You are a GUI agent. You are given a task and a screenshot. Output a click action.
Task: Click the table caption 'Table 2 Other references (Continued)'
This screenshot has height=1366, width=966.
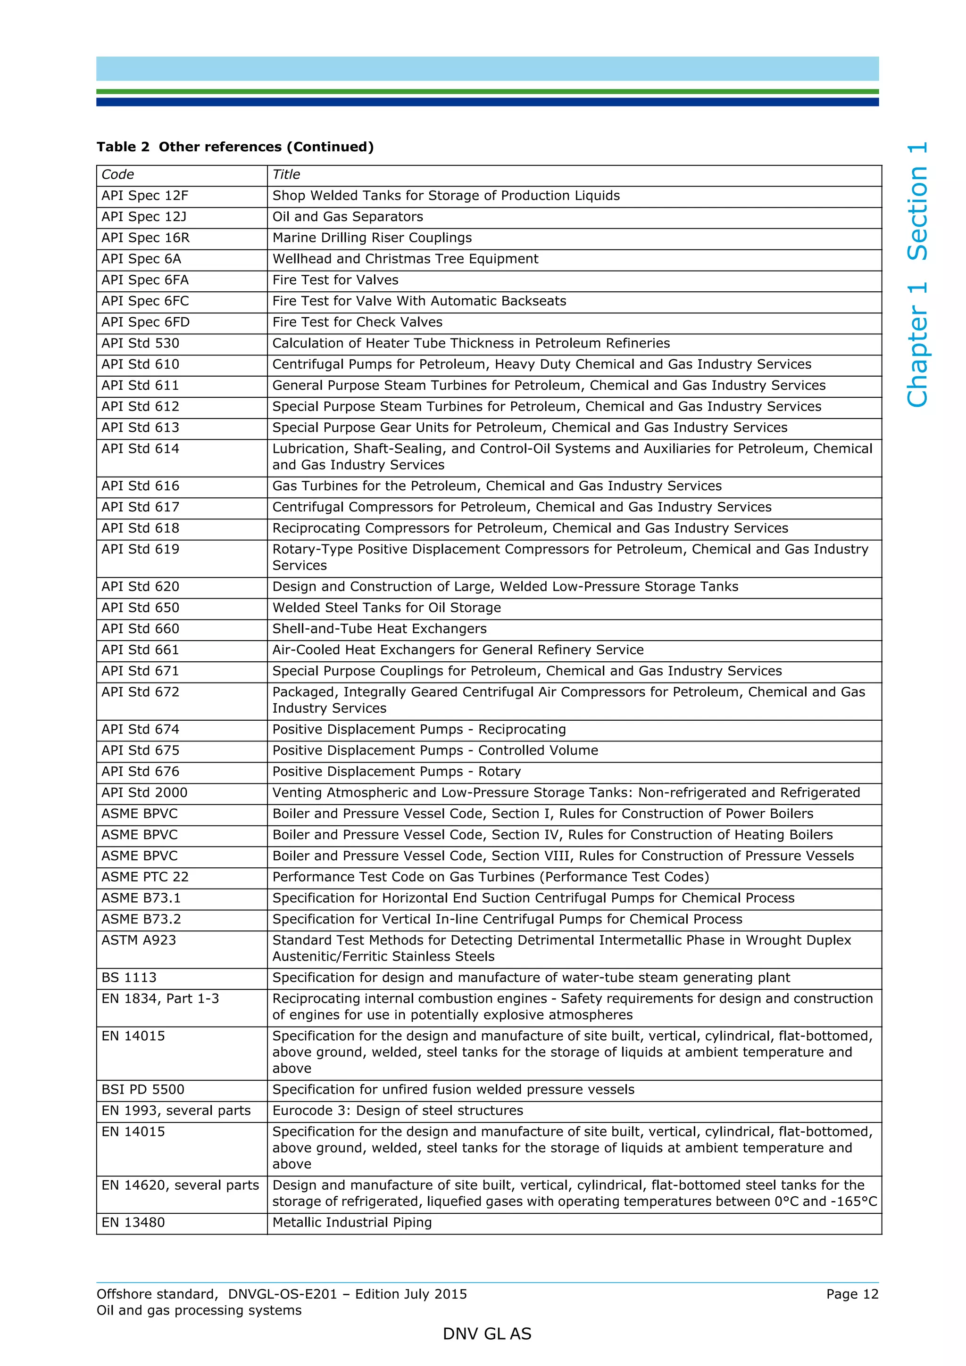235,147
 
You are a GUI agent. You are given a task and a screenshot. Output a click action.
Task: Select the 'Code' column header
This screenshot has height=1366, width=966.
118,174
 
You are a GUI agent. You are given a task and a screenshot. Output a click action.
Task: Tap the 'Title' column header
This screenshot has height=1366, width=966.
286,174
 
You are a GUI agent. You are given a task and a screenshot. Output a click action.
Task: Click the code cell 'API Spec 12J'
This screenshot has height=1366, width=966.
144,216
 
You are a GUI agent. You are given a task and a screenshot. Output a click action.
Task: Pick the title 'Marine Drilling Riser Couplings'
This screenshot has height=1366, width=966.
372,238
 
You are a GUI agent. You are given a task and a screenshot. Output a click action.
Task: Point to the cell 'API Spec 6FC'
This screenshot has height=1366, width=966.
145,301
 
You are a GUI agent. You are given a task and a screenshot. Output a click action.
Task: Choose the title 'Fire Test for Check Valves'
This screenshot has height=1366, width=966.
357,322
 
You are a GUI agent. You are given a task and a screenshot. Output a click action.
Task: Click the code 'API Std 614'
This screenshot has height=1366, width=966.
141,449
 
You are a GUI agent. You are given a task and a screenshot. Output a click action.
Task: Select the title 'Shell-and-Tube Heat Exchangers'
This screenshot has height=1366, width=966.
379,629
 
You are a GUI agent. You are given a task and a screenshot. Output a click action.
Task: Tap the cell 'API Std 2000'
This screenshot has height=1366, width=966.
145,792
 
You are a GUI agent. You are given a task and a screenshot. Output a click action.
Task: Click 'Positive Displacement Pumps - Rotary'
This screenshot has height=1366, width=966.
396,772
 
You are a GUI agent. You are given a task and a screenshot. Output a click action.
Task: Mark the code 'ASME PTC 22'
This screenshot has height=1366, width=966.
145,877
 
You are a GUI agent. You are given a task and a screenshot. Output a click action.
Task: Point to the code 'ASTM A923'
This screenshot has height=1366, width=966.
139,940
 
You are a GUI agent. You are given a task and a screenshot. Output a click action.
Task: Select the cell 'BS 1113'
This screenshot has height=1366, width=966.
129,978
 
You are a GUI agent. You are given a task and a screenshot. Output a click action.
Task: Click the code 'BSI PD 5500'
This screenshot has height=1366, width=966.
143,1089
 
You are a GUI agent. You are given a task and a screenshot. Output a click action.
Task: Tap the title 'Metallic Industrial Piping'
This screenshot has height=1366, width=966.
352,1222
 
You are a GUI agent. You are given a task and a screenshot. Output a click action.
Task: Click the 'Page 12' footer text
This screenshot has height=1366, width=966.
852,1294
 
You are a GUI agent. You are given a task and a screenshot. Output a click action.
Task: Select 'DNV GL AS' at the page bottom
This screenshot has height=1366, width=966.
487,1334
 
